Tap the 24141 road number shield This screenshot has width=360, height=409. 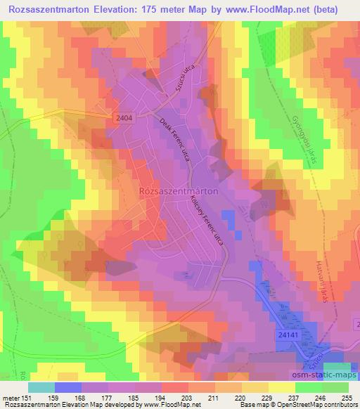click(x=285, y=338)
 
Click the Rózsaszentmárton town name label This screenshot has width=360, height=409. click(x=179, y=190)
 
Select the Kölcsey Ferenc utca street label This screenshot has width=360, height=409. click(x=205, y=220)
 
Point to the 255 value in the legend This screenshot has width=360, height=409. click(x=347, y=396)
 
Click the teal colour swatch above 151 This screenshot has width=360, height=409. click(x=41, y=387)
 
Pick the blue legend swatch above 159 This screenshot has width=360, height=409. click(x=67, y=387)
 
